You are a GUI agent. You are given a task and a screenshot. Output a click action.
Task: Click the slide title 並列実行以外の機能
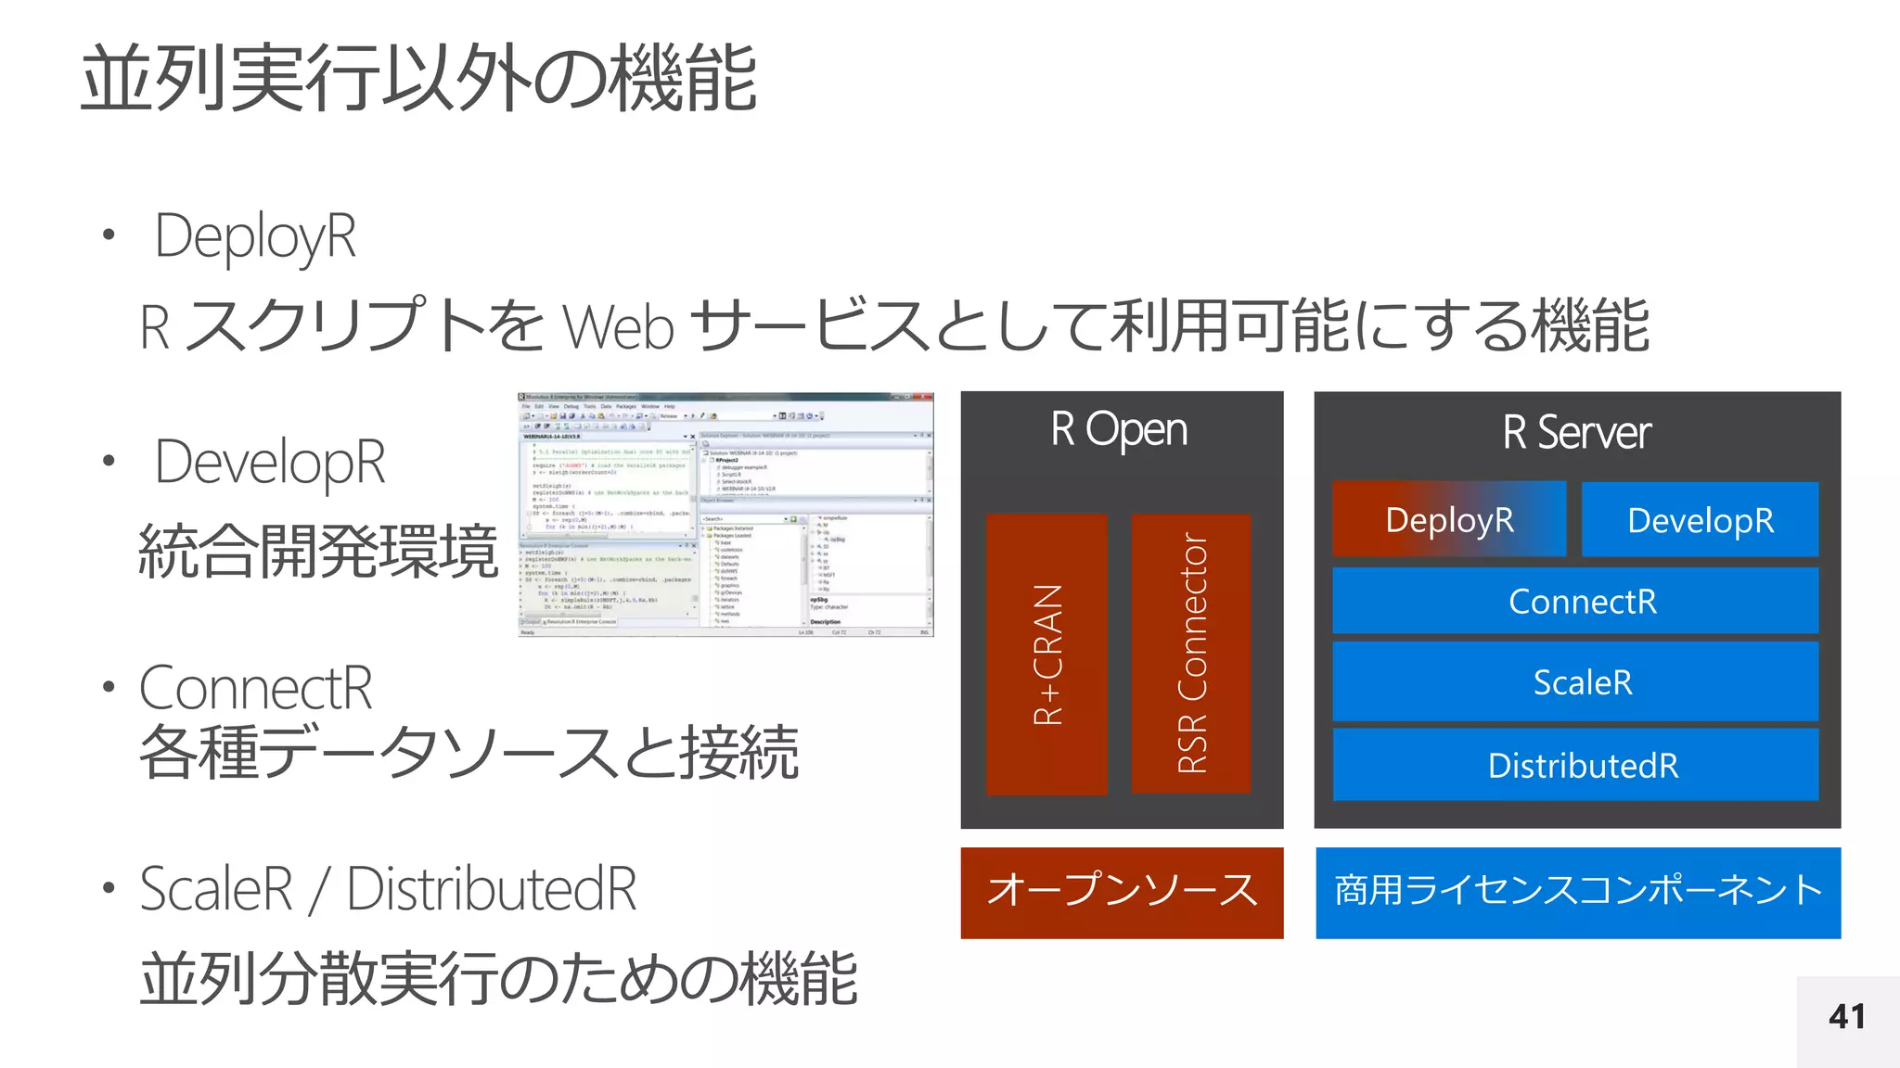[419, 79]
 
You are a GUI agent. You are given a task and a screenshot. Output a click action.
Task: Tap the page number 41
[1846, 1017]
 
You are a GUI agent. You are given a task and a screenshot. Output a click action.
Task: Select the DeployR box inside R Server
[1449, 519]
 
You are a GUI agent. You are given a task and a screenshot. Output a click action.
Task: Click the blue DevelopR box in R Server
[1700, 520]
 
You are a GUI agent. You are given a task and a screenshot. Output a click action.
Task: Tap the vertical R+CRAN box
[1046, 655]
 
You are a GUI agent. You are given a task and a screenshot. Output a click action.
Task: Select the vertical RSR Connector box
[1191, 655]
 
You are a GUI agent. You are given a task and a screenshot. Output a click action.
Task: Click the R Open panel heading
[1120, 429]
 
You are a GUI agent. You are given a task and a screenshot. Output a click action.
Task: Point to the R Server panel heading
[1576, 432]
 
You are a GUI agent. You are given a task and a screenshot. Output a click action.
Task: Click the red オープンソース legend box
[1122, 892]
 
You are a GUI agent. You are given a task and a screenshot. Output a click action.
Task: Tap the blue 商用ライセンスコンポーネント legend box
[1577, 892]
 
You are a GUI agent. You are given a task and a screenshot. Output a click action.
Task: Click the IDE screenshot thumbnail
[725, 515]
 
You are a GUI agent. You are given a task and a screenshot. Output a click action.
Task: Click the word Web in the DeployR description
[618, 327]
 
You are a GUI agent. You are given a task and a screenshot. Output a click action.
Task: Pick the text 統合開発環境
[318, 552]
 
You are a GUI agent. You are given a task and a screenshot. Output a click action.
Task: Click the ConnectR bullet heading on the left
[255, 688]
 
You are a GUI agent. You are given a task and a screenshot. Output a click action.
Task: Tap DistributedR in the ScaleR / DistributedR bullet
[492, 889]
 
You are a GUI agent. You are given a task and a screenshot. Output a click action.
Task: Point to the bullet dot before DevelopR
[109, 461]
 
